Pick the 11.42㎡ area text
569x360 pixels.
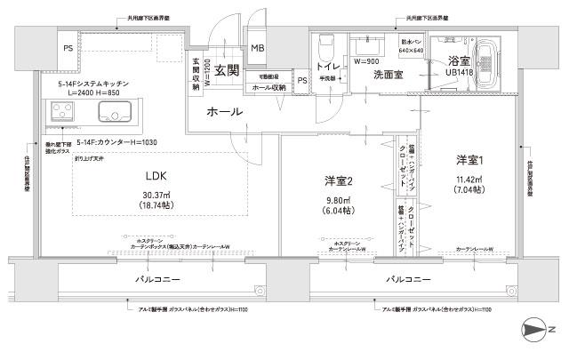click(x=469, y=179)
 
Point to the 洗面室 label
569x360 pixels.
click(x=389, y=75)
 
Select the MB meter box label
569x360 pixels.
click(x=258, y=49)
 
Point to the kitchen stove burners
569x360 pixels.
click(x=62, y=112)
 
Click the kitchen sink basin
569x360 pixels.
click(x=115, y=112)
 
